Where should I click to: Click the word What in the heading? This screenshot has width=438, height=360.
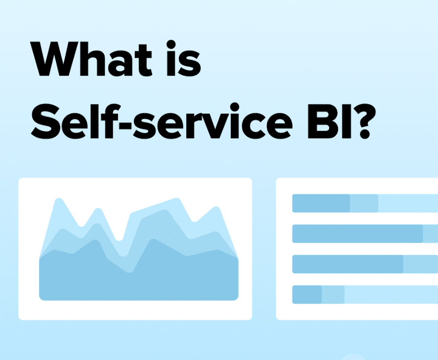(x=91, y=59)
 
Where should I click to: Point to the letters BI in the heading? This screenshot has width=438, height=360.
(x=329, y=121)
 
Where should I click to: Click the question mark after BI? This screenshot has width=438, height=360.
(x=365, y=121)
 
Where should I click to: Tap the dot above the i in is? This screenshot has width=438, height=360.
(x=171, y=45)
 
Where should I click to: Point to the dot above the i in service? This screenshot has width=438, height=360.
(x=235, y=107)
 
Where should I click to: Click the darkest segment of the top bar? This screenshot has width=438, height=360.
(x=321, y=203)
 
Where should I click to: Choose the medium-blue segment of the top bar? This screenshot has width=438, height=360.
(x=364, y=203)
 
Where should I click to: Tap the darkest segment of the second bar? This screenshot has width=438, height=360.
(x=358, y=234)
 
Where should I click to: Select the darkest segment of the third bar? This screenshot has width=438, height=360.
(x=348, y=264)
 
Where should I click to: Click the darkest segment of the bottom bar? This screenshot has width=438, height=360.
(x=307, y=294)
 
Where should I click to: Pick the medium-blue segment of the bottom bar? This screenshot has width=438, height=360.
(x=333, y=294)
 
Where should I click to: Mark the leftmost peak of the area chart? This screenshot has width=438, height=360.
(x=59, y=199)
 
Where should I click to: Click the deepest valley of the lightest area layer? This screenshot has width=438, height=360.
(x=119, y=240)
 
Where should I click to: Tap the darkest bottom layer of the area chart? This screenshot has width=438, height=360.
(x=139, y=279)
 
